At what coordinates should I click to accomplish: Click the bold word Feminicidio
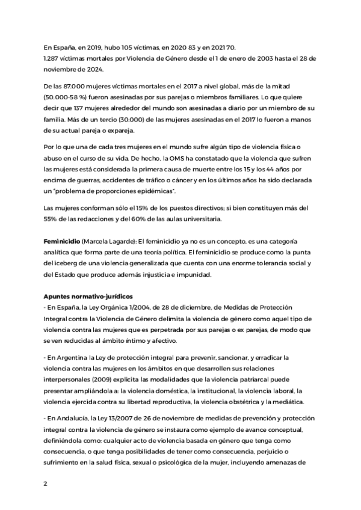pyautogui.click(x=64, y=241)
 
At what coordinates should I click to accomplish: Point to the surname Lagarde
pyautogui.click(x=137, y=241)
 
